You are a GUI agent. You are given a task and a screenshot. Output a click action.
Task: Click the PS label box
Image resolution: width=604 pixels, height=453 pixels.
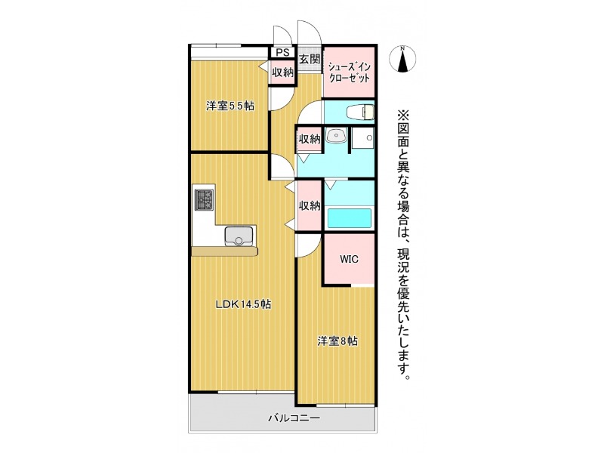282,52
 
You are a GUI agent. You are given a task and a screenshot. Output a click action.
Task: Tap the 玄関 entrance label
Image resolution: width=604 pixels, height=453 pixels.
310,60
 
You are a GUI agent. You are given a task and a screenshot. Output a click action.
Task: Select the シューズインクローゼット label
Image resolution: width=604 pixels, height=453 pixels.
349,72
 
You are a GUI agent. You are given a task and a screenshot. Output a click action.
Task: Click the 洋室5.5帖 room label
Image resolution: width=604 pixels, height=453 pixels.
230,106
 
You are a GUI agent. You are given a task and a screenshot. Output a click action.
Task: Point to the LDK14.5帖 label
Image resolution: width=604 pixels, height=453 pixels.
242,304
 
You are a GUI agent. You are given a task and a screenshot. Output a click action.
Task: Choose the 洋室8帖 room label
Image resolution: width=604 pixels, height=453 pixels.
337,341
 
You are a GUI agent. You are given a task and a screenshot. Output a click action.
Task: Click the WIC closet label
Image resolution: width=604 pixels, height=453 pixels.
349,259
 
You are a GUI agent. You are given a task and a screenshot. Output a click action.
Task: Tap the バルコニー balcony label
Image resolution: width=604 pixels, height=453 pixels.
294,418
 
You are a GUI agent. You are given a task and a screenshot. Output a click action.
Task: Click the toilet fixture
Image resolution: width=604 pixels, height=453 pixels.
360,112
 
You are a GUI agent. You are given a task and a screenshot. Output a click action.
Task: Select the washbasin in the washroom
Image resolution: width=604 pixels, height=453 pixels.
336,135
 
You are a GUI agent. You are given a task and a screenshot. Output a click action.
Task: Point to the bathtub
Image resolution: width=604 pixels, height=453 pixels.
350,219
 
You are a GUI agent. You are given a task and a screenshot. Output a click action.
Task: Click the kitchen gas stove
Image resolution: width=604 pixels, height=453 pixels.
204,200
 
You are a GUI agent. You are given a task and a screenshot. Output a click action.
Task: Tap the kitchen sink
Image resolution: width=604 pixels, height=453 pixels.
239,236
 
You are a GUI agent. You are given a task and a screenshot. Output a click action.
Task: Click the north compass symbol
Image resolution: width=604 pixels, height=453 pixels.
402,60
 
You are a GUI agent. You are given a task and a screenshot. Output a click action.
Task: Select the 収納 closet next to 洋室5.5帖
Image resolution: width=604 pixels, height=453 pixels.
282,72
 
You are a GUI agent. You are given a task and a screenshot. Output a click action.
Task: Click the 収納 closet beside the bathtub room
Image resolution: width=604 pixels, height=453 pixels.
310,205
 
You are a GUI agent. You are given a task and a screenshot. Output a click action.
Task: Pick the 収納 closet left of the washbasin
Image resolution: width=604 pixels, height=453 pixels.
310,139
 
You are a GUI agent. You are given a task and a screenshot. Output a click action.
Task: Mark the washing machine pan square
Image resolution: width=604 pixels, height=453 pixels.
363,138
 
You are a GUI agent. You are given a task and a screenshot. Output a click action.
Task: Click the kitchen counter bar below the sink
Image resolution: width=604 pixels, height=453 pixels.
224,251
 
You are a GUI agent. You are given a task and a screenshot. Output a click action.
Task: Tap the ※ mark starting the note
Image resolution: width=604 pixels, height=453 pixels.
402,116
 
